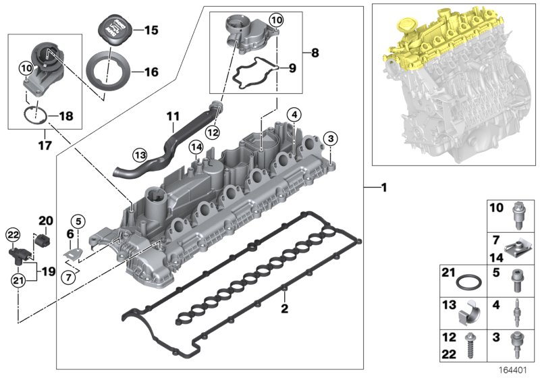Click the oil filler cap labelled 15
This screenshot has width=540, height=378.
(113, 30)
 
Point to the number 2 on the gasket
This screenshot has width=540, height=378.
(284, 308)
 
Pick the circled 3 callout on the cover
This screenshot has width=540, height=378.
(329, 138)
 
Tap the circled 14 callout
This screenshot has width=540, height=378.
(196, 147)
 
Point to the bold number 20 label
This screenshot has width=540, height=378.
(45, 220)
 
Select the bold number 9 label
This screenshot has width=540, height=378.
(292, 68)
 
